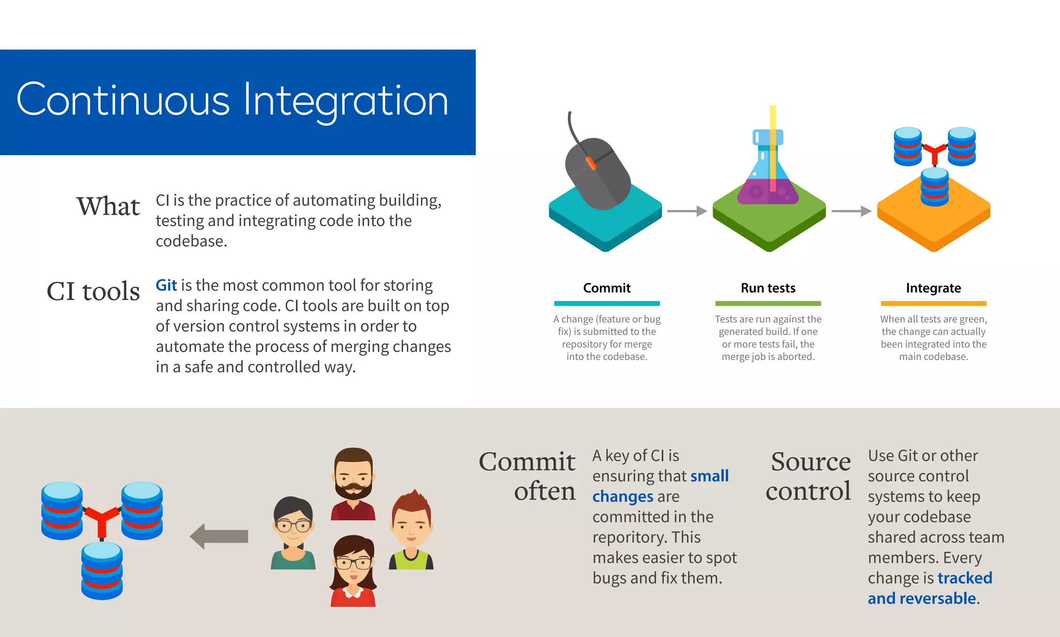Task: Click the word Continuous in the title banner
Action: click(123, 100)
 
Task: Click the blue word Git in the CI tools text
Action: click(166, 285)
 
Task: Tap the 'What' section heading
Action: click(108, 206)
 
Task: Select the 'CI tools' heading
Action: click(93, 291)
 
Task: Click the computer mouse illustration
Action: click(598, 173)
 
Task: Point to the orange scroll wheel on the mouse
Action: click(591, 163)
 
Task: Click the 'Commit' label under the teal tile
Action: click(607, 288)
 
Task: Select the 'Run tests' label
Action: click(768, 288)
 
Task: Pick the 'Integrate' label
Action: click(933, 288)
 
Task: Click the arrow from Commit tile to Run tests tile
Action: click(687, 211)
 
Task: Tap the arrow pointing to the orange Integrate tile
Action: click(851, 211)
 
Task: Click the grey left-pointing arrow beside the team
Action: click(219, 536)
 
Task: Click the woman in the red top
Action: click(353, 572)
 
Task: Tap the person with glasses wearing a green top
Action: click(293, 533)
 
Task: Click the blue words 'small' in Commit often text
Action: click(709, 476)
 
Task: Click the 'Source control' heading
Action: click(808, 476)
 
